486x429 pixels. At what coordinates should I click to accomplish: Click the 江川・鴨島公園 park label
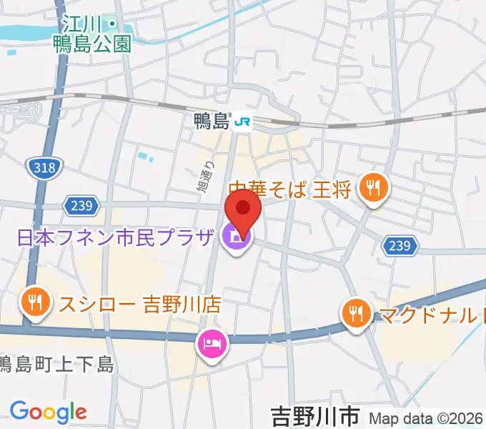coord(92,34)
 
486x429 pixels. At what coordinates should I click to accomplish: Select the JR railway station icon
coord(242,122)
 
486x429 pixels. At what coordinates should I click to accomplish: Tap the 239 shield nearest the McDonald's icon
coord(400,246)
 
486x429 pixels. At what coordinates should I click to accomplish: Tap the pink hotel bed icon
coord(212,345)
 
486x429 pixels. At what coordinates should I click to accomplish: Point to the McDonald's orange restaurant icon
coord(355,312)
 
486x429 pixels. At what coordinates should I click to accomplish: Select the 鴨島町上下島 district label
coord(57,365)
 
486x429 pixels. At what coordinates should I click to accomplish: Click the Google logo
coord(48,412)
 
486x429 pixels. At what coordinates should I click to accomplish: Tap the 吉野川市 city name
coord(314,414)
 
